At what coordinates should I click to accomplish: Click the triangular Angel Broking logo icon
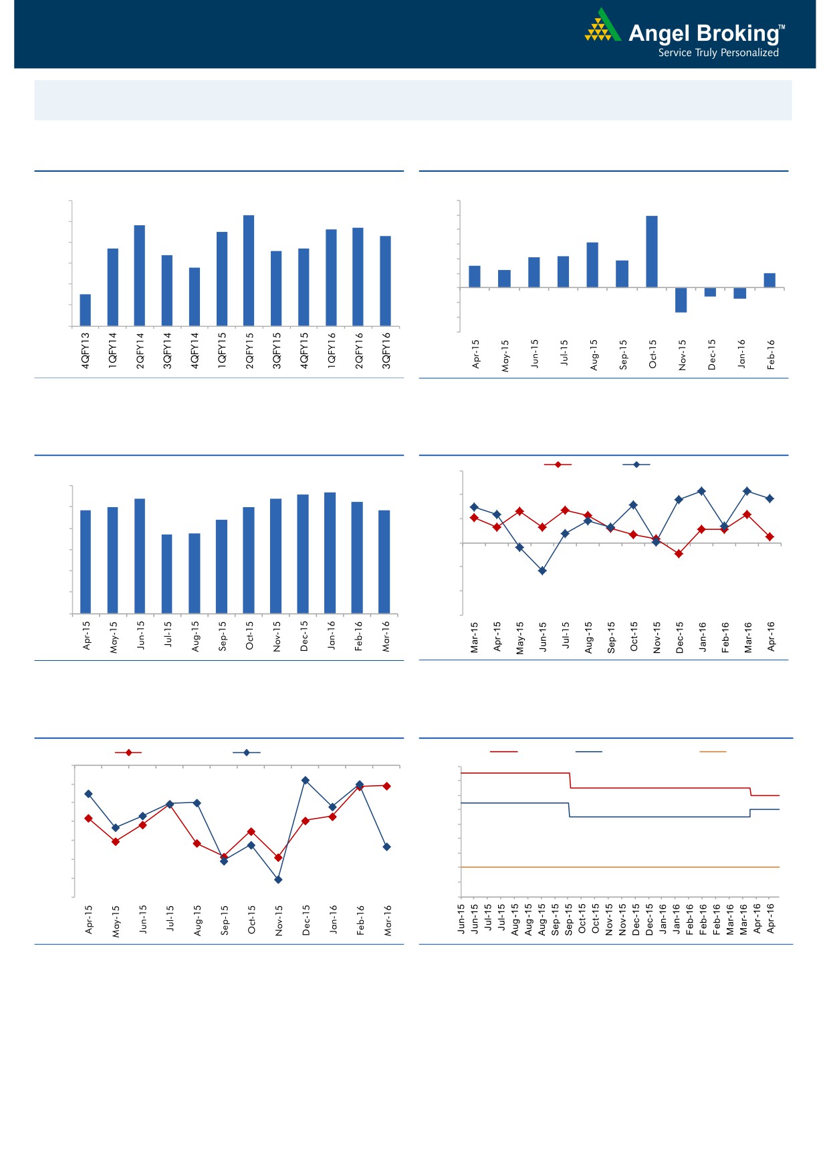point(602,26)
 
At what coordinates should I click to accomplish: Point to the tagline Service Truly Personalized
point(718,53)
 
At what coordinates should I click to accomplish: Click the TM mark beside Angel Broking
point(782,27)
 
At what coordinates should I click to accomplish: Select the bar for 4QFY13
point(86,310)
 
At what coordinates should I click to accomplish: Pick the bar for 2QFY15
point(249,271)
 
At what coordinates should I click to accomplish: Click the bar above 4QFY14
point(195,297)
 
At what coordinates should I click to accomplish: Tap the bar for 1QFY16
point(331,277)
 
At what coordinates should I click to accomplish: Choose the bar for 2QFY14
point(140,275)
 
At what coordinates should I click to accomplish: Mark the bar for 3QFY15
point(276,289)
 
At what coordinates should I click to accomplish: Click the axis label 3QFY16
point(386,351)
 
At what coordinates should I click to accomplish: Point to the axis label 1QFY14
point(113,351)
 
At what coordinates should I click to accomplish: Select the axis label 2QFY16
point(359,351)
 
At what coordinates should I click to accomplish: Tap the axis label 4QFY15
point(304,351)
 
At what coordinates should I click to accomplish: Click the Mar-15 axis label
point(474,637)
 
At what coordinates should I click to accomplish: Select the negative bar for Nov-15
point(681,300)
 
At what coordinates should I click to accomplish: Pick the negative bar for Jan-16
point(739,293)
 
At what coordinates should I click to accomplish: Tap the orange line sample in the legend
point(713,752)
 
